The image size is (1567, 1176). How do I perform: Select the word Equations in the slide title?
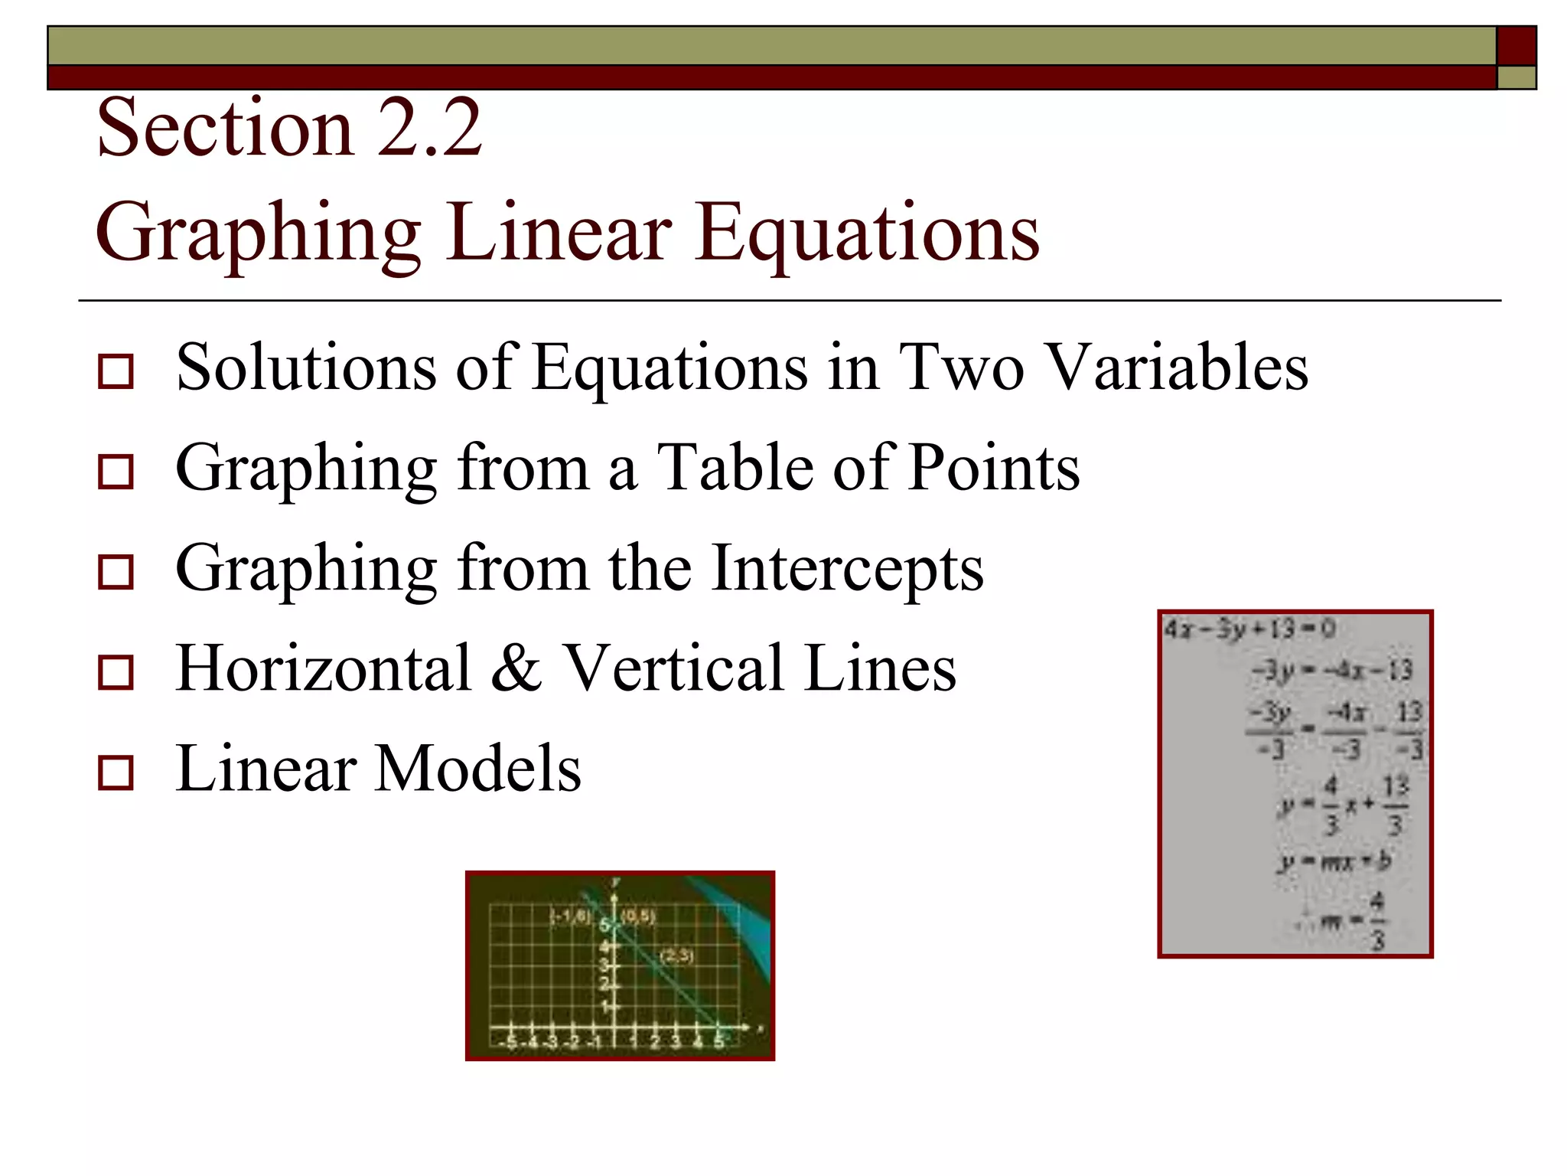(868, 232)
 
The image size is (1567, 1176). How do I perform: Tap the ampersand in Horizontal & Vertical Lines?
(516, 668)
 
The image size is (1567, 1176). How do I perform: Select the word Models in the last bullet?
(478, 768)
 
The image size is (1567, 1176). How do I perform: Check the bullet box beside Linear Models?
(116, 773)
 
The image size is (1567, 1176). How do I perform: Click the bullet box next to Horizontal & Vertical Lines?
(116, 671)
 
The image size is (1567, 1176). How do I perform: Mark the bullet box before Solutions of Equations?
(116, 371)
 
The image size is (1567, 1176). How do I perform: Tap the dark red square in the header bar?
(1516, 46)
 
